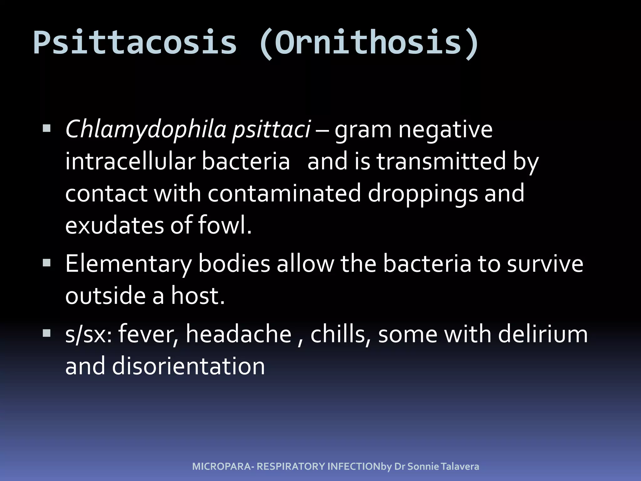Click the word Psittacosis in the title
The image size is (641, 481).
pos(135,43)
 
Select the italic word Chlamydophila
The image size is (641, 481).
pos(146,130)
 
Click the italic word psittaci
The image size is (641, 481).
pos(271,130)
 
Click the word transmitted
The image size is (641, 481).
pos(441,162)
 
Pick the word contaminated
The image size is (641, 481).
pos(284,194)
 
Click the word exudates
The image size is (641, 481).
pos(115,225)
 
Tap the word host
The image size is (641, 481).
pos(197,296)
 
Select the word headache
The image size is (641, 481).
pos(239,334)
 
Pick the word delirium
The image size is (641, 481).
pos(543,334)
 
